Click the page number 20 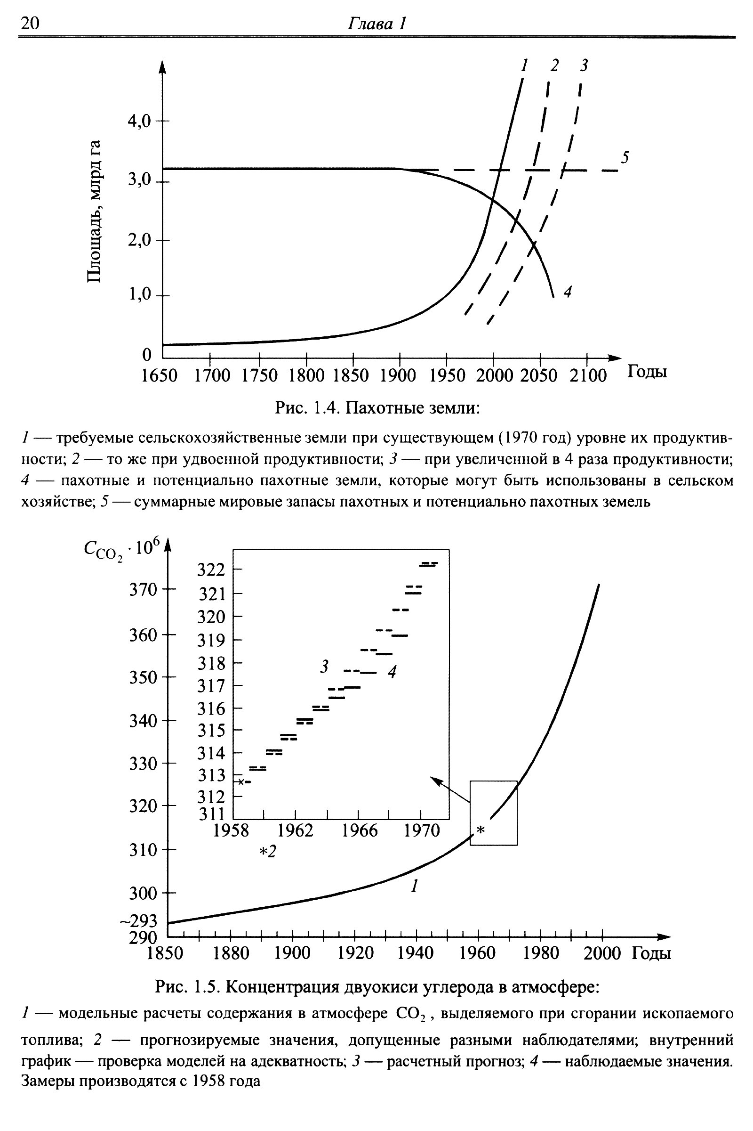30,23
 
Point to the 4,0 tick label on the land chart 139,121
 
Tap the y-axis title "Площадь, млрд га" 94,212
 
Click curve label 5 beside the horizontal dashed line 625,157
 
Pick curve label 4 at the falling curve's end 568,291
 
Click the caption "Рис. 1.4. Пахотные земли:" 377,408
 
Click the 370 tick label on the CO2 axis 143,590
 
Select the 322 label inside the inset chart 211,570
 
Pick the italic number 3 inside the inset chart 325,667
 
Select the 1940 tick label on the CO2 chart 416,952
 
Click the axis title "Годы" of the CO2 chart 651,952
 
